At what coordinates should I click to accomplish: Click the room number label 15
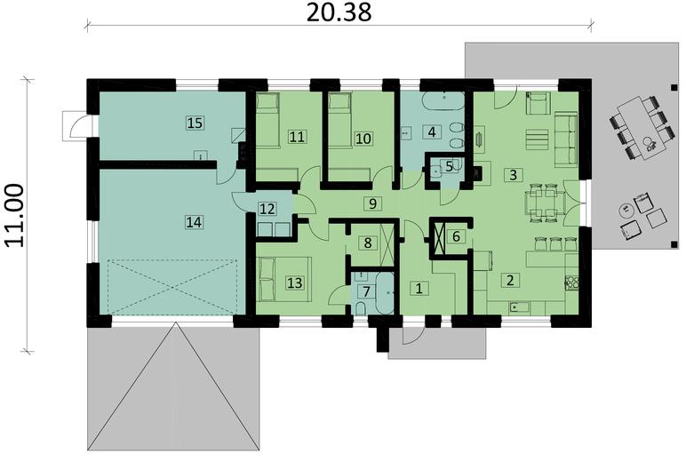tap(195, 122)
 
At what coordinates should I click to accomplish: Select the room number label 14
tap(194, 222)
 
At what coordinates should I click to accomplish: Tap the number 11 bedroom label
tap(297, 137)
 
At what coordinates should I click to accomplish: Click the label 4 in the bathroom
tap(431, 132)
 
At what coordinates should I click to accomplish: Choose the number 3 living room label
tap(513, 173)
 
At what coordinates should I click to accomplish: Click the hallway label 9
tap(374, 203)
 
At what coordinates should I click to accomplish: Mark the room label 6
tap(456, 236)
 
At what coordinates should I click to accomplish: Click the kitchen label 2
tap(509, 281)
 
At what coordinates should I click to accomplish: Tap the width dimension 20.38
tap(339, 12)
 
